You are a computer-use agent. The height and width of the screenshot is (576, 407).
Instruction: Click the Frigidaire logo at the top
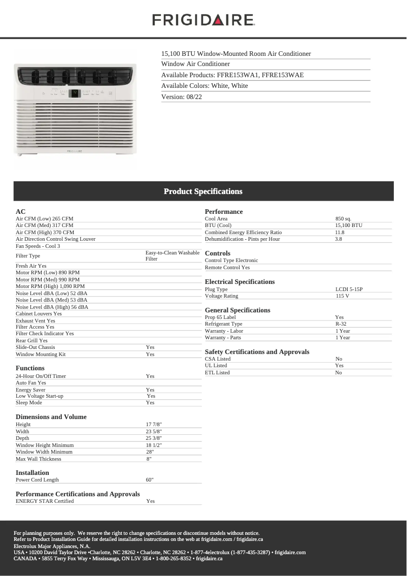click(x=203, y=20)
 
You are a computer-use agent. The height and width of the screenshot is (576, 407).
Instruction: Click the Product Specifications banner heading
click(x=203, y=191)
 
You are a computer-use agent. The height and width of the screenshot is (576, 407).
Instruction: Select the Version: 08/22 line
click(x=182, y=97)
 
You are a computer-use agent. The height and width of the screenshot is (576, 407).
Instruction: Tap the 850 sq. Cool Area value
click(x=343, y=218)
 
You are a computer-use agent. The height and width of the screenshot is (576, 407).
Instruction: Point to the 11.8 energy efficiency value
click(x=340, y=232)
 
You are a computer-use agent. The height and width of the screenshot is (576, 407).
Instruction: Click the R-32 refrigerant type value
click(x=341, y=324)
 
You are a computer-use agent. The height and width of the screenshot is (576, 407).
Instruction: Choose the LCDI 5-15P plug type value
click(x=349, y=289)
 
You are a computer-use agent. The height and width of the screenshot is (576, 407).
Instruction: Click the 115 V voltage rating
click(x=342, y=296)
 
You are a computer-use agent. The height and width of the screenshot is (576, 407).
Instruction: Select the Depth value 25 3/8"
click(x=154, y=438)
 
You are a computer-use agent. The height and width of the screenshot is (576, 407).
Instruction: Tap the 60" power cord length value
click(x=150, y=479)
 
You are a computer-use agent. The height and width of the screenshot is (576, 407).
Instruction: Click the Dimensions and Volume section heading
click(x=51, y=417)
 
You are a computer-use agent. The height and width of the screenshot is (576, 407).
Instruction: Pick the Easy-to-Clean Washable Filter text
click(x=173, y=255)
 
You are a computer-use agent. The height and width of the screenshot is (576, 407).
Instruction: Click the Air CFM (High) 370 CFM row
click(x=45, y=232)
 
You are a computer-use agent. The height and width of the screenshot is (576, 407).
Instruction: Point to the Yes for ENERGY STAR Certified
click(x=151, y=501)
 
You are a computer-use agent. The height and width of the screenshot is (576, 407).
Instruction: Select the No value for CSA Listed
click(x=338, y=359)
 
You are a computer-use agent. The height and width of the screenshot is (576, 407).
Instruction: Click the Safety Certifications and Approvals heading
click(x=257, y=351)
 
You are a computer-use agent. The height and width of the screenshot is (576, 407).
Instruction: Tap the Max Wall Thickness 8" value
click(x=149, y=459)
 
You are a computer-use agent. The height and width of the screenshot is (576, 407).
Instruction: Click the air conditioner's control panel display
click(x=75, y=93)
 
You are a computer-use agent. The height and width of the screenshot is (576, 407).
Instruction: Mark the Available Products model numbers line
click(x=232, y=75)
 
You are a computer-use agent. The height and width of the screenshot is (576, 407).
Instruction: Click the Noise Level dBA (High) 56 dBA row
click(x=52, y=307)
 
